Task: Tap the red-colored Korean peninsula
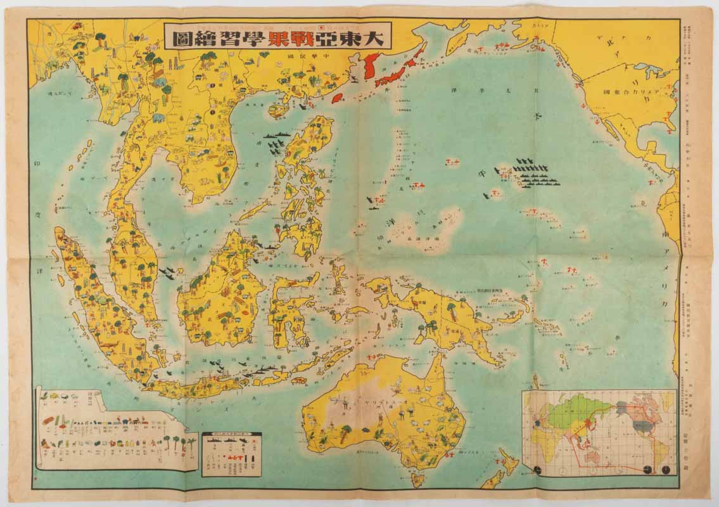pyautogui.click(x=371, y=67)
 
